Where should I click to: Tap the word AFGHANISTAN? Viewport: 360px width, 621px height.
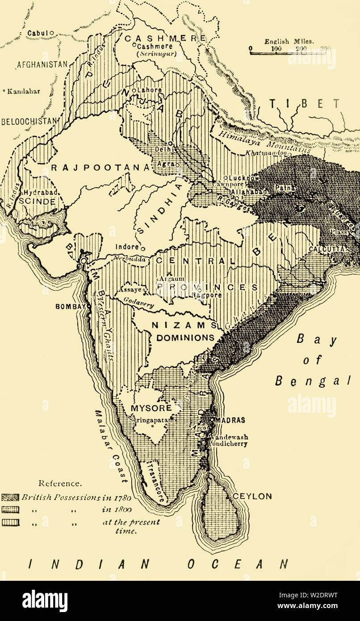coord(42,64)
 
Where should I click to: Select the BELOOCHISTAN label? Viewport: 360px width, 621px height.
coord(28,121)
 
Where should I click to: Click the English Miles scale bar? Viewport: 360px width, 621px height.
coord(288,53)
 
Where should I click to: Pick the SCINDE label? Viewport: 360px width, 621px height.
coord(37,201)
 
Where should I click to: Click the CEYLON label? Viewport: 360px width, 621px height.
coord(253,496)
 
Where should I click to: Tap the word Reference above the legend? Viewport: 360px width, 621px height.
coord(54,483)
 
